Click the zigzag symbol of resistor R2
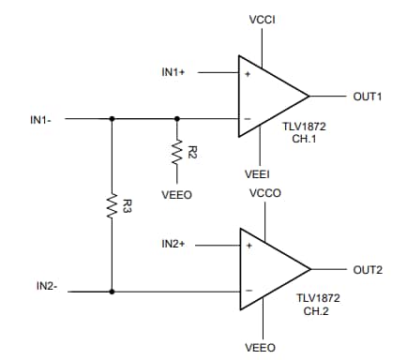pyautogui.click(x=176, y=150)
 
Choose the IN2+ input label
pyautogui.click(x=177, y=245)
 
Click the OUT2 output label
pyautogui.click(x=367, y=269)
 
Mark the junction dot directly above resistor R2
pyautogui.click(x=176, y=119)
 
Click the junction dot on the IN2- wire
pyautogui.click(x=112, y=292)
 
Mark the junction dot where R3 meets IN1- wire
pyautogui.click(x=112, y=119)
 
